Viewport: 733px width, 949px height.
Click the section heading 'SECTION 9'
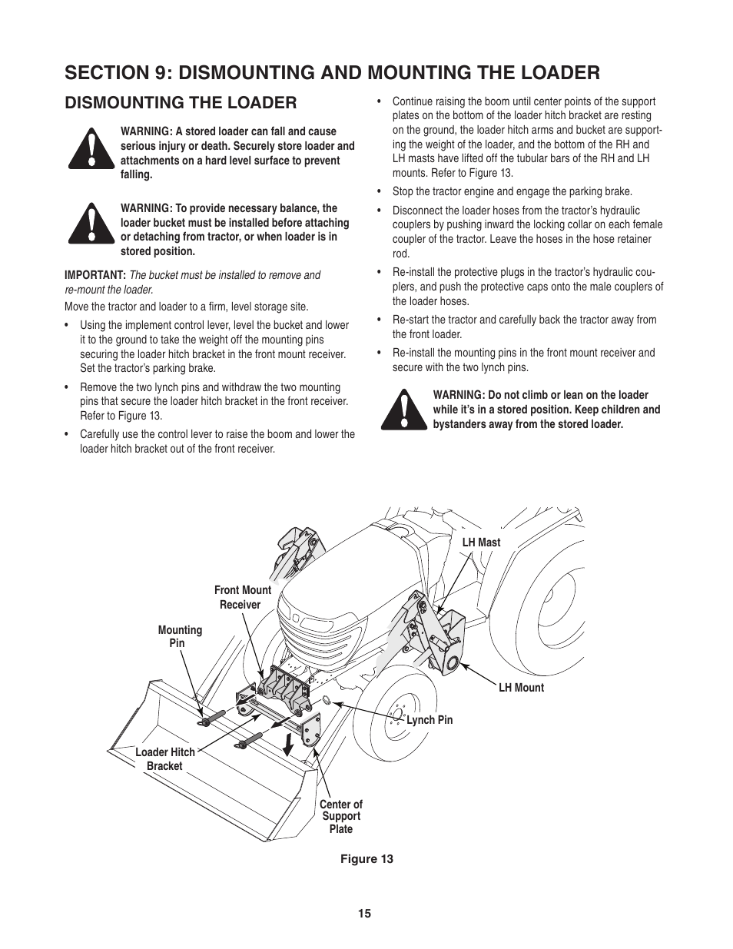click(332, 72)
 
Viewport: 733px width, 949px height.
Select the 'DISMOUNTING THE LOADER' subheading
click(181, 102)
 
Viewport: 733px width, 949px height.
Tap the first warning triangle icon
click(91, 150)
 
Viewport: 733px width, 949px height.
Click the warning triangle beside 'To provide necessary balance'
click(91, 224)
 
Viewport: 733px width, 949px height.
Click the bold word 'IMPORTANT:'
click(95, 275)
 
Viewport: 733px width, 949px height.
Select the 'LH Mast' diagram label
click(481, 543)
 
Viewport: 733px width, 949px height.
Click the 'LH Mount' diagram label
click(521, 688)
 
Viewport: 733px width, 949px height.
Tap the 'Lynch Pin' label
click(430, 720)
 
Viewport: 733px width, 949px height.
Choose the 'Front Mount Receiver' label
click(242, 597)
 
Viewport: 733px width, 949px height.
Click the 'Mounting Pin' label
click(180, 636)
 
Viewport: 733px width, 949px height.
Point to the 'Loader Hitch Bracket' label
click(165, 759)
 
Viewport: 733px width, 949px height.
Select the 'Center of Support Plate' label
click(340, 816)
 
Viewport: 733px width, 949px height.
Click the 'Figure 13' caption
click(366, 859)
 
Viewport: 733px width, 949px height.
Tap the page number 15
click(364, 914)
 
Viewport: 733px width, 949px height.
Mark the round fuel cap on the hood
click(399, 529)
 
